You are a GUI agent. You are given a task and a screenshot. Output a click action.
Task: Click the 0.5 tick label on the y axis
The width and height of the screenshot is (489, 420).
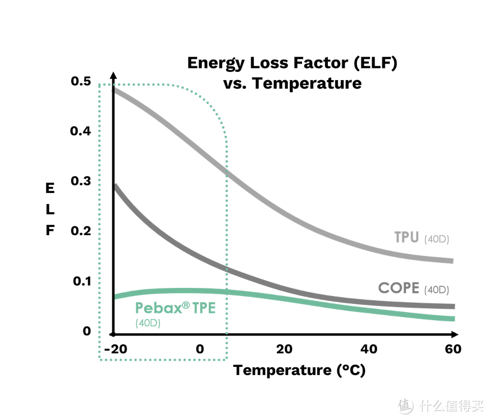coord(81,81)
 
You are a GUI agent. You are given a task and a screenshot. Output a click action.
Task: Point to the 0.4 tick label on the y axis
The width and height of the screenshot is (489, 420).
coord(81,132)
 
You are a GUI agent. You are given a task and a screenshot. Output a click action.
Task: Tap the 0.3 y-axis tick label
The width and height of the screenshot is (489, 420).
coord(81,181)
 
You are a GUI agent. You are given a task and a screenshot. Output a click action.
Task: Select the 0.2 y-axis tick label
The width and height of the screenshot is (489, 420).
coord(81,231)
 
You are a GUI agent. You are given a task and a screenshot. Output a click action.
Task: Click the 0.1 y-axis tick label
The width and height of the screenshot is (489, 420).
coord(81,281)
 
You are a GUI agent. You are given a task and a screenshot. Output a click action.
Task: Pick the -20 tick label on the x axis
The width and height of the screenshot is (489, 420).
coord(114,349)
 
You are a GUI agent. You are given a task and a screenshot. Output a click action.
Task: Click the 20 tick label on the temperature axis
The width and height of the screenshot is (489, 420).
coord(284,349)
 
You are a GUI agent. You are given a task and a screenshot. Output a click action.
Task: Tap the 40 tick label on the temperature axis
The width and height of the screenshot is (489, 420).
coord(369,349)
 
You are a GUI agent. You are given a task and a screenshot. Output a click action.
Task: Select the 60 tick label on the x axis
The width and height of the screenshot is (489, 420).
coord(453,349)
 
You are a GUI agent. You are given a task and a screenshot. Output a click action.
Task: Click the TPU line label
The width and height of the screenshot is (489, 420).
coord(406,237)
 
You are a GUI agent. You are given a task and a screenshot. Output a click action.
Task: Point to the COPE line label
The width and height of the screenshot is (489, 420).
coord(399,288)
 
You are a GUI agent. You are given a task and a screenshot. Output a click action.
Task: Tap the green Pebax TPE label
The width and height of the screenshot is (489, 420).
coord(175,308)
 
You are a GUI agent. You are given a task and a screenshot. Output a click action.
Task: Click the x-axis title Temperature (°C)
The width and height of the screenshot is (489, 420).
coord(299,370)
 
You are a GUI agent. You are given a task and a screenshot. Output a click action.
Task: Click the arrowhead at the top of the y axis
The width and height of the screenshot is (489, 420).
coord(113,75)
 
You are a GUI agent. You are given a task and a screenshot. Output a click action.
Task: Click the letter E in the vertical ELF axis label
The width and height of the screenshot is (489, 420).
coord(50,189)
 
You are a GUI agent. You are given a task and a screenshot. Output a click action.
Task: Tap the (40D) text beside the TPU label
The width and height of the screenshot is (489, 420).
coord(436,239)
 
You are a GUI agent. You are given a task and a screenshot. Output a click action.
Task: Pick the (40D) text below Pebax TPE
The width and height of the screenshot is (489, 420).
coord(147,323)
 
